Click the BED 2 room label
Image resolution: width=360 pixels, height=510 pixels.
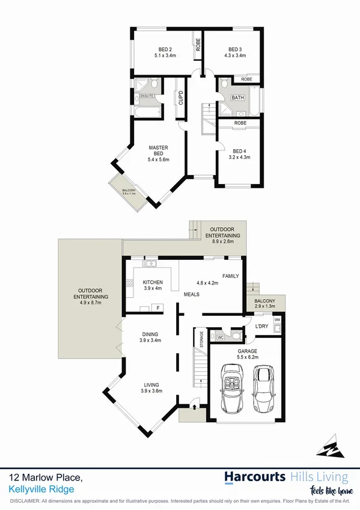(x=165, y=49)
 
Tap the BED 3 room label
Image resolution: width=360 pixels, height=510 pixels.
(x=235, y=49)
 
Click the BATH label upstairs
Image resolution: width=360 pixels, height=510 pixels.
(x=238, y=97)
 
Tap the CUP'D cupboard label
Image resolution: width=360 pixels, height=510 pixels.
(x=180, y=96)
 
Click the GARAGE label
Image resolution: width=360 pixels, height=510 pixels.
(x=247, y=350)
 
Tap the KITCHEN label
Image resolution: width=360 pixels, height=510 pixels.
(x=153, y=282)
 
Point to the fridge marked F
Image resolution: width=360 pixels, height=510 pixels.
(x=158, y=308)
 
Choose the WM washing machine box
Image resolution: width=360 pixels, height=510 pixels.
(x=276, y=319)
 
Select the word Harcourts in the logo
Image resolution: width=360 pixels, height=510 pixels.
(x=255, y=477)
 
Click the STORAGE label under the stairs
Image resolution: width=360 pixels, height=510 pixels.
(x=201, y=339)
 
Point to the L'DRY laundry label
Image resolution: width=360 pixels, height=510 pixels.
(x=261, y=325)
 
